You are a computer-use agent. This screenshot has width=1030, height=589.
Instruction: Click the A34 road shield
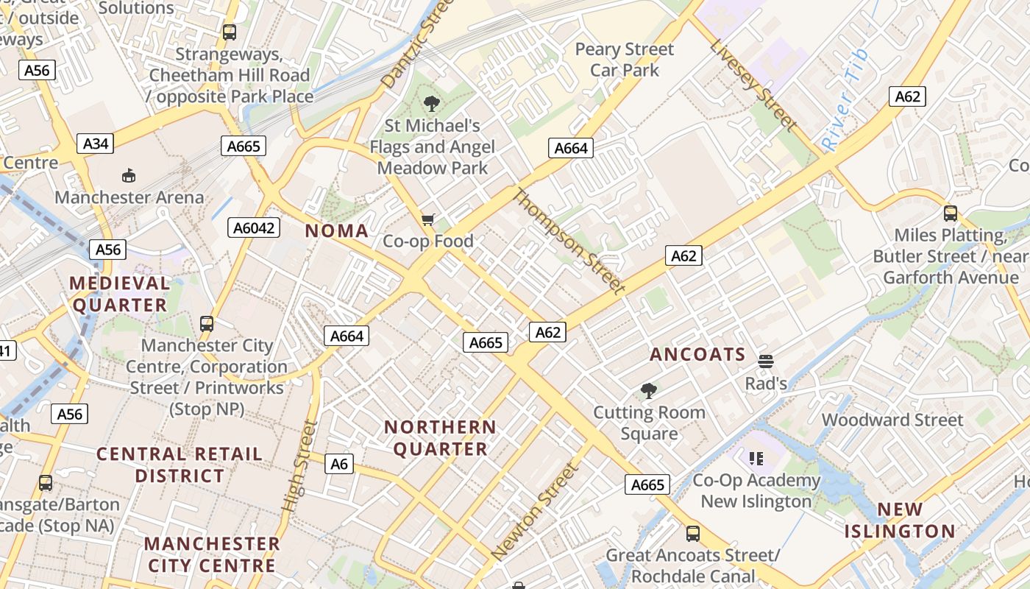click(x=96, y=144)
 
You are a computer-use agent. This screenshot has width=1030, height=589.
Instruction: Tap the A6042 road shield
click(x=254, y=228)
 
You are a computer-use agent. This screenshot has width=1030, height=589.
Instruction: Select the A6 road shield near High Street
click(x=338, y=464)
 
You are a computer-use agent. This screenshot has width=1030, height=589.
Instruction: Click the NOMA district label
click(x=337, y=231)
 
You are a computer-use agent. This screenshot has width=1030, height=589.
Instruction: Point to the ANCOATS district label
click(x=697, y=355)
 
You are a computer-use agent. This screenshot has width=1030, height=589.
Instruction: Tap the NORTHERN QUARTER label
click(x=440, y=438)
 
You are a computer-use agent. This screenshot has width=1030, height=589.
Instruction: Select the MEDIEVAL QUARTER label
click(x=119, y=294)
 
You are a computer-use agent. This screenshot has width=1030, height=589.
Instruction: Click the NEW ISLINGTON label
click(x=900, y=521)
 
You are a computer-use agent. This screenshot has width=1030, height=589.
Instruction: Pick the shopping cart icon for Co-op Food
click(x=428, y=219)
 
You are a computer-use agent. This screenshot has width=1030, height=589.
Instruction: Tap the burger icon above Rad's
click(x=766, y=361)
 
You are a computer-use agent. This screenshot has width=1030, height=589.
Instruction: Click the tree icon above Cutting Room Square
click(x=648, y=390)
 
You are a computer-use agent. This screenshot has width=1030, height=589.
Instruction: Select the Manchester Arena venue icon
click(x=129, y=175)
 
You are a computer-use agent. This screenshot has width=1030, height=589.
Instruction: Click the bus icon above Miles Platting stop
click(x=951, y=214)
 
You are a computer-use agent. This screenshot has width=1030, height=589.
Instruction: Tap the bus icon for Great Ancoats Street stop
click(x=692, y=533)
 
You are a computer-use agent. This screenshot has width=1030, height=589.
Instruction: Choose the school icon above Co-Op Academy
click(x=756, y=459)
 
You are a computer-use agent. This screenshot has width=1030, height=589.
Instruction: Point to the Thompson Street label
click(x=568, y=241)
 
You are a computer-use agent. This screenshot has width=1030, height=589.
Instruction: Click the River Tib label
click(x=845, y=100)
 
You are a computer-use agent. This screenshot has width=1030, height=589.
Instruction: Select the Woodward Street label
click(x=892, y=420)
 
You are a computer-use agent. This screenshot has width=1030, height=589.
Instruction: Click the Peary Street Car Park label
click(x=624, y=60)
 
